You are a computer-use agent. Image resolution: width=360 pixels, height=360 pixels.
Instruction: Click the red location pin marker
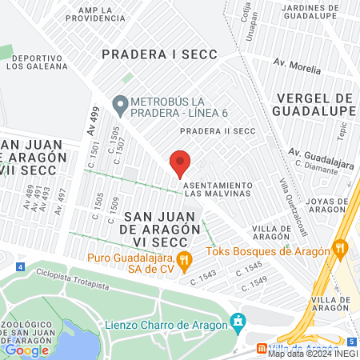(x=180, y=164)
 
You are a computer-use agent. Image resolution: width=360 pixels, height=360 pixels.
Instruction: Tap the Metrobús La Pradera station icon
(x=121, y=103)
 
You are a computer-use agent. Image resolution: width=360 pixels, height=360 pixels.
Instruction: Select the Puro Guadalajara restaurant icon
(x=184, y=258)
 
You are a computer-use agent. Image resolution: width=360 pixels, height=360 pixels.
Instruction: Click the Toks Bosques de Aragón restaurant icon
(x=341, y=248)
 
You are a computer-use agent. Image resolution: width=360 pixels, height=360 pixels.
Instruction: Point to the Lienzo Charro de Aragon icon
(x=237, y=323)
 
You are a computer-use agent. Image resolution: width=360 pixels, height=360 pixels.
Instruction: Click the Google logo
(x=26, y=350)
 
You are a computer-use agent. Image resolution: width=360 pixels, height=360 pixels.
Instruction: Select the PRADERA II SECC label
(x=217, y=131)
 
